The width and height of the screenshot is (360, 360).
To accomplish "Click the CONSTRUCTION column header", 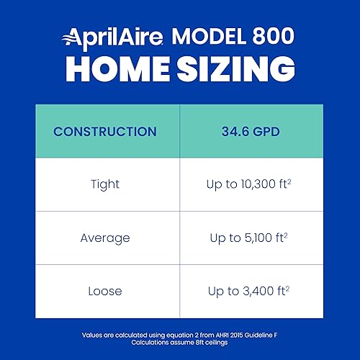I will tap(105, 132).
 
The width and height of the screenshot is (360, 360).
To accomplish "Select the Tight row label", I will tap(105, 184).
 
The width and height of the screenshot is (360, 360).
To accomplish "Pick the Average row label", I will tap(105, 238).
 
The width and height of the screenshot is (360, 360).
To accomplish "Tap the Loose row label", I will tap(105, 291).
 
